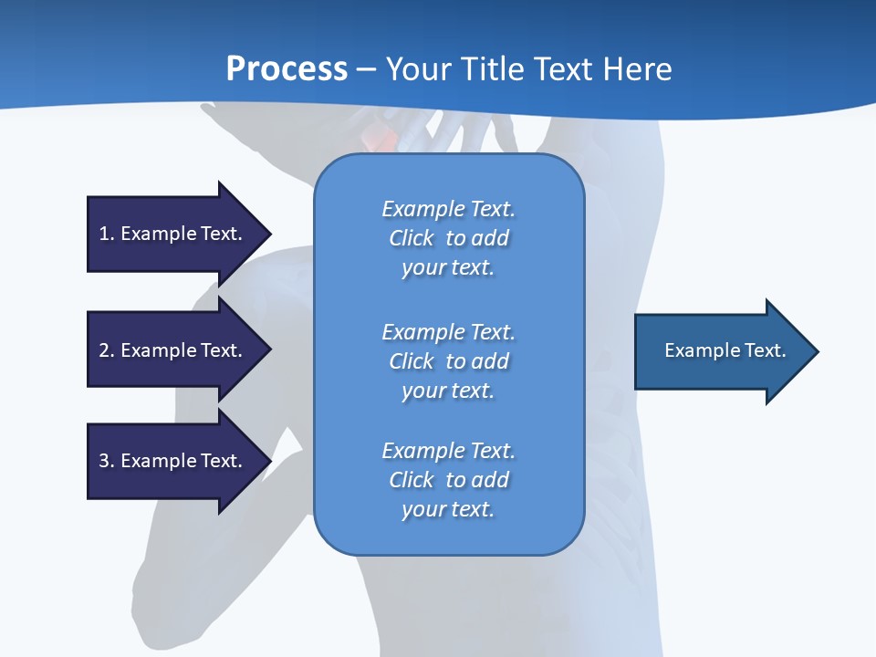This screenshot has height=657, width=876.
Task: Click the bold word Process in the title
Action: tap(287, 69)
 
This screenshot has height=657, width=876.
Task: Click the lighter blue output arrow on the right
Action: tap(721, 351)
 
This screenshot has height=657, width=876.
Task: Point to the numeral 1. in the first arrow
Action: tap(107, 234)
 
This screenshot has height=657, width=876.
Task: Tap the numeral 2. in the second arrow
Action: tap(107, 350)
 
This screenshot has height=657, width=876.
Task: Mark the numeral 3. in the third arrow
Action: tap(107, 461)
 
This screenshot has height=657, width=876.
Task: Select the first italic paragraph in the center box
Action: tap(448, 238)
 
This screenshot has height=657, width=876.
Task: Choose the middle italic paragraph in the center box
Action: tap(448, 360)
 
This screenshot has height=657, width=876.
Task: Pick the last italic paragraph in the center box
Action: tap(448, 480)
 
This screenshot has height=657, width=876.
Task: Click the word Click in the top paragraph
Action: tap(412, 238)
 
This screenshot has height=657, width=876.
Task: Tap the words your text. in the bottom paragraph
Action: tap(448, 509)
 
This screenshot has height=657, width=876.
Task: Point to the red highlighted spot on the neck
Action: tap(377, 139)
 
